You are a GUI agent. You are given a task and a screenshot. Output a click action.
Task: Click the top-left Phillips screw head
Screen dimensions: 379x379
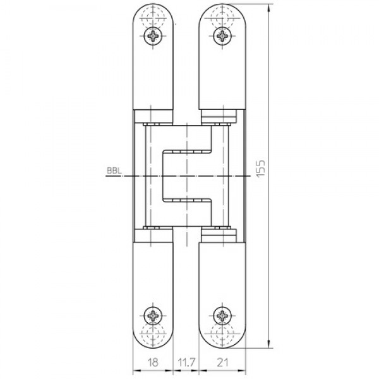(154, 37)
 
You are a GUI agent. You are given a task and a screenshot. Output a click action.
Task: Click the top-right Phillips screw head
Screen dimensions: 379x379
(222, 37)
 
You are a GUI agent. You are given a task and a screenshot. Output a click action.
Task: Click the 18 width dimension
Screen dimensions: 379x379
(153, 363)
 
